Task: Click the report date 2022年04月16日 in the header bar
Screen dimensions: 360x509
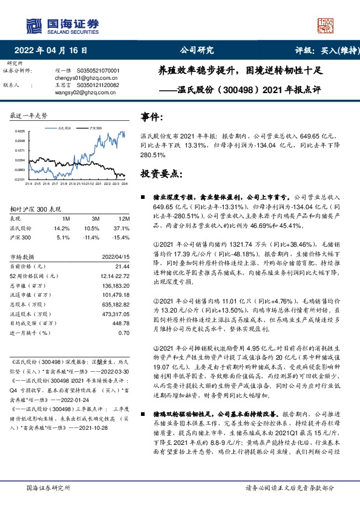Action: pos(54,51)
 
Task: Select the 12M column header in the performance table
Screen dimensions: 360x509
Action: pos(123,218)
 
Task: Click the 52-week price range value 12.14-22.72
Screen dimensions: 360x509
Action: pos(113,276)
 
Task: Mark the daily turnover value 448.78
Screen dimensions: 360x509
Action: pos(120,322)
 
